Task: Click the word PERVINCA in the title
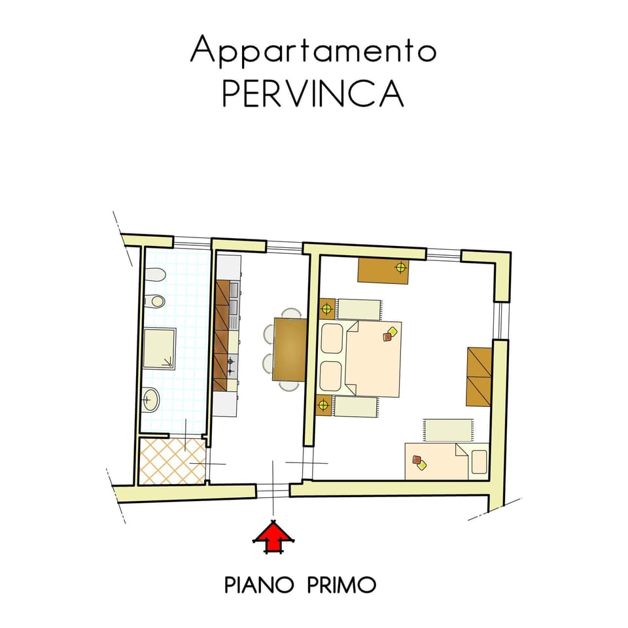(x=313, y=94)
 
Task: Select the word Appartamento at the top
(x=313, y=50)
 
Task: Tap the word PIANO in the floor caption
(x=259, y=585)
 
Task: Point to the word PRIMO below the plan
(x=341, y=585)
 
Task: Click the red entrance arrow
(x=273, y=536)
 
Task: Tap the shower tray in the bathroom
(x=160, y=349)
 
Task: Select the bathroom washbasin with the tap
(x=151, y=399)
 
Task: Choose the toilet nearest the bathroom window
(x=155, y=275)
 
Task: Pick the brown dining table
(x=290, y=349)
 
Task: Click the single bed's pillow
(x=479, y=462)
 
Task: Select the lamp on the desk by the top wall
(x=400, y=267)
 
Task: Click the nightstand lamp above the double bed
(x=327, y=309)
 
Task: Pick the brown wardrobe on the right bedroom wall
(x=479, y=377)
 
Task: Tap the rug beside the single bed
(x=449, y=430)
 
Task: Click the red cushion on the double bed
(x=387, y=337)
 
